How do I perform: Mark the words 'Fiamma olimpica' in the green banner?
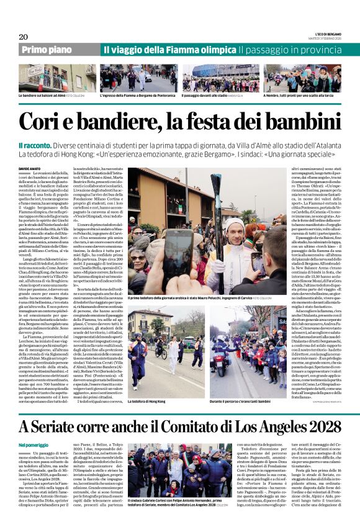(202, 49)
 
